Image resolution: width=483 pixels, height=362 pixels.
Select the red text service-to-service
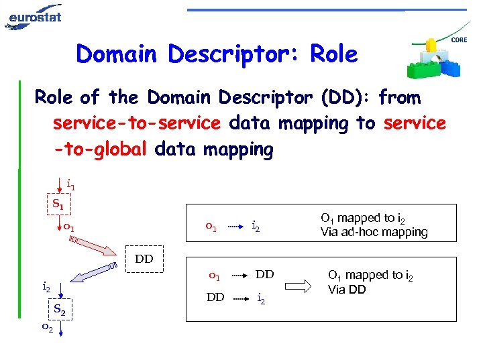pyautogui.click(x=137, y=123)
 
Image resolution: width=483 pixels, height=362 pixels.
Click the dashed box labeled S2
pyautogui.click(x=59, y=310)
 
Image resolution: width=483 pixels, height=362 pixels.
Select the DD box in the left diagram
pyautogui.click(x=144, y=259)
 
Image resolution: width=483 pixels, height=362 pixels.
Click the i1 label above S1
pyautogui.click(x=70, y=184)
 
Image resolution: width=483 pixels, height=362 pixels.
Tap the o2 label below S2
pyautogui.click(x=47, y=328)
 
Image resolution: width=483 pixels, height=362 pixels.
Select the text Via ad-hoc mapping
pyautogui.click(x=374, y=233)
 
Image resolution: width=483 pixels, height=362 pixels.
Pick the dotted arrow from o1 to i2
pyautogui.click(x=233, y=227)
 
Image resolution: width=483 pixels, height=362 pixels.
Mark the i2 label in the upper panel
pyautogui.click(x=256, y=228)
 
